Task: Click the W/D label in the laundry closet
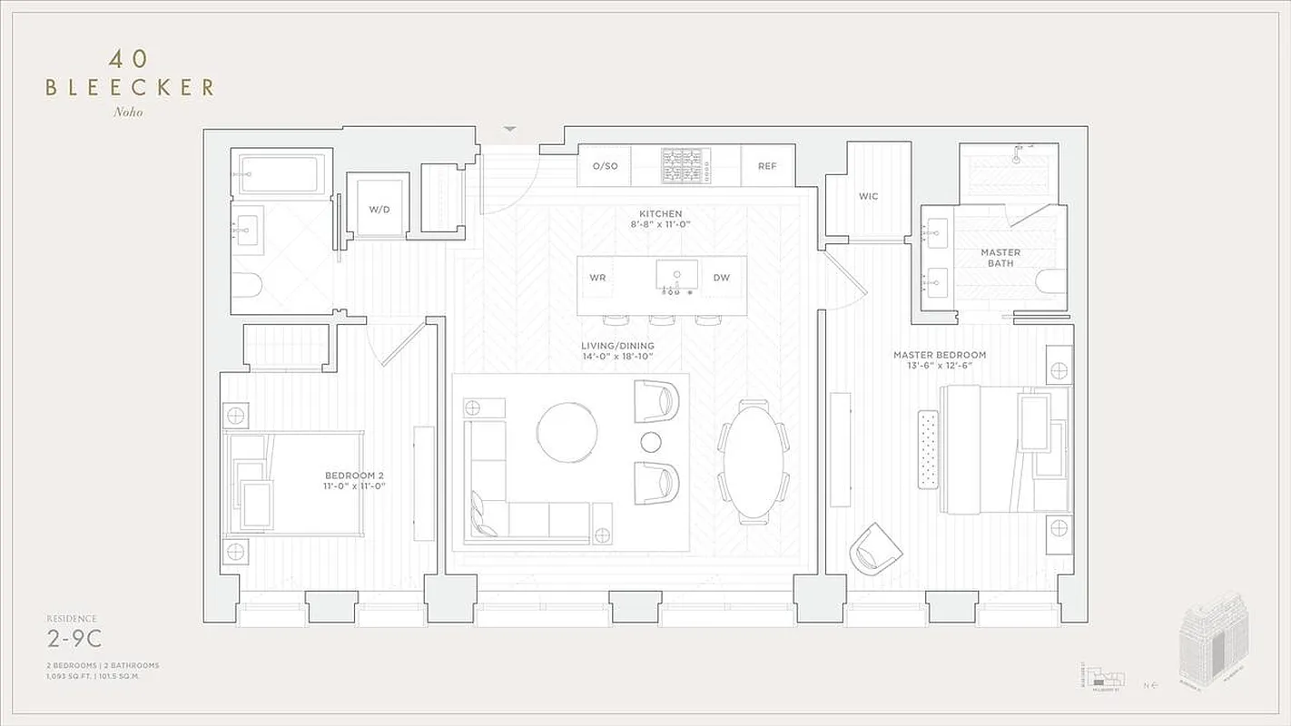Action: [x=379, y=210]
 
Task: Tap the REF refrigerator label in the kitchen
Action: [x=767, y=166]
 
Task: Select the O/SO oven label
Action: [x=605, y=166]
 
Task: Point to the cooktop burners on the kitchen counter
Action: [x=686, y=166]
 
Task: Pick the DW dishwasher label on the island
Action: [x=721, y=278]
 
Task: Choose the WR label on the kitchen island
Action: [x=597, y=278]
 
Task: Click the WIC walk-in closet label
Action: [x=868, y=196]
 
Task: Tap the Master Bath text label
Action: [x=1000, y=258]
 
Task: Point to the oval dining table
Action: [x=754, y=461]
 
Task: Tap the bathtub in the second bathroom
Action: [x=279, y=173]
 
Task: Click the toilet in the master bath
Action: [x=1054, y=283]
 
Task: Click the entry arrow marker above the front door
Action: [x=509, y=130]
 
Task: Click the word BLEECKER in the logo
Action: [x=130, y=87]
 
